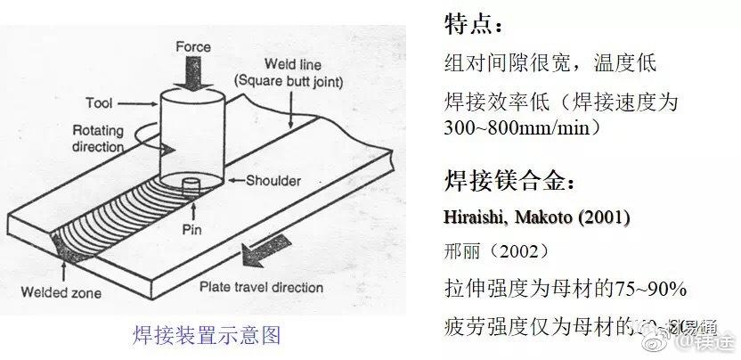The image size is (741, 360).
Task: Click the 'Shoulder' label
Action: click(x=273, y=181)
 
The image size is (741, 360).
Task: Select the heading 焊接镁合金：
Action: click(x=509, y=183)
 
